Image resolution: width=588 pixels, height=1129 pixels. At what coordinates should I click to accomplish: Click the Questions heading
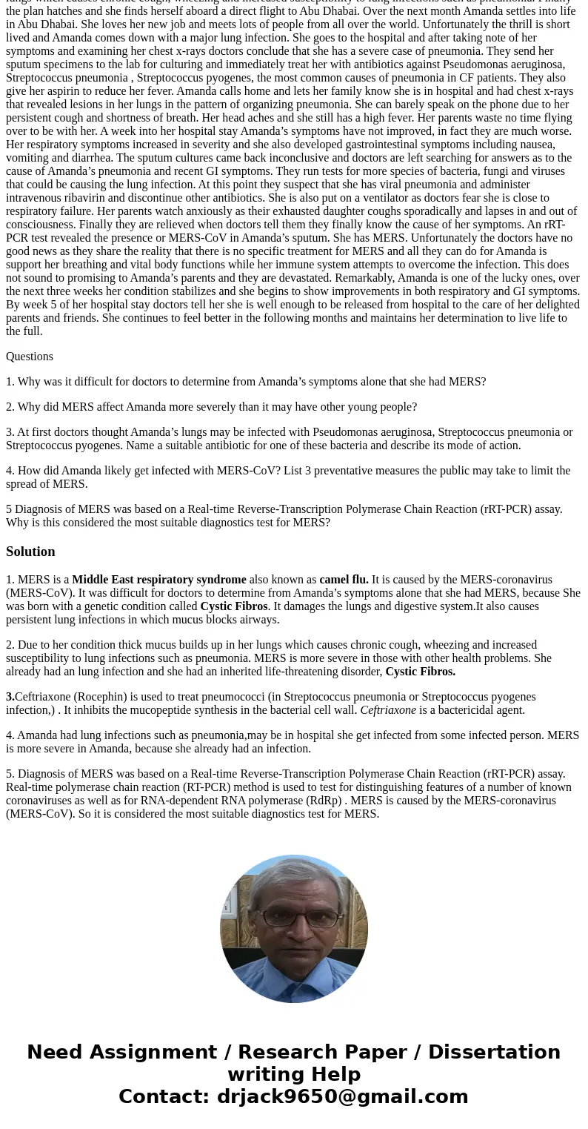click(x=30, y=357)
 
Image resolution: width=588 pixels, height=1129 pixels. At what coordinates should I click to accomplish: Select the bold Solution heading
click(x=30, y=552)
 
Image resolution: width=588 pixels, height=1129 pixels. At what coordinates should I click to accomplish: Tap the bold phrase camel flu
click(x=344, y=580)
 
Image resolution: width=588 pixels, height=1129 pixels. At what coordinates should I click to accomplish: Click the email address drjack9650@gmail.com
click(x=342, y=1096)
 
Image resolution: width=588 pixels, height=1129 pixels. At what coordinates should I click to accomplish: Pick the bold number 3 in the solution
click(x=10, y=697)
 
